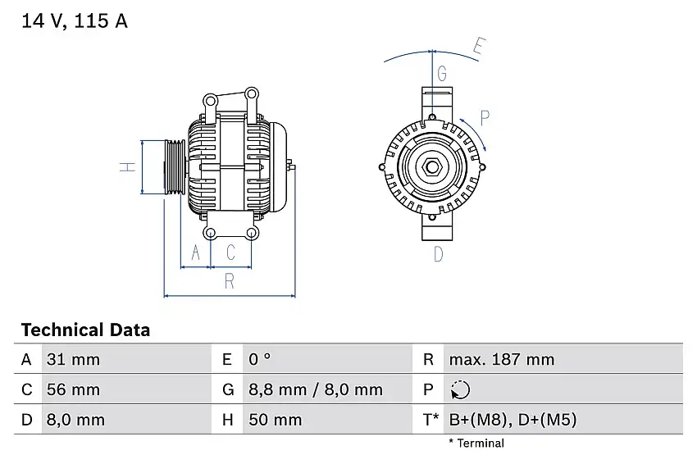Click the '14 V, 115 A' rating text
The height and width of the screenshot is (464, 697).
[75, 22]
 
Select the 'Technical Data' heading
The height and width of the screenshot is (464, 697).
[85, 330]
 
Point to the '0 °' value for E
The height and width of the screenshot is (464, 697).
[259, 359]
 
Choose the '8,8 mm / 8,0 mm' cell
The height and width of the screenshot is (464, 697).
[316, 389]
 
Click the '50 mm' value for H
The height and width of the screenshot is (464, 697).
[275, 420]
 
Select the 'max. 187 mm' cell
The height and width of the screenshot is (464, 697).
[501, 359]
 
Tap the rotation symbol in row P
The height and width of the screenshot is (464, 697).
[461, 389]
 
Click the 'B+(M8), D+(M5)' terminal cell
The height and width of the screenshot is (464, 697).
[512, 420]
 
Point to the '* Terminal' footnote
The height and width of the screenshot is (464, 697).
[476, 444]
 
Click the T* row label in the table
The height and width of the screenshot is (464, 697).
[430, 420]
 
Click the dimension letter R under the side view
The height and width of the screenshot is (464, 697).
[230, 281]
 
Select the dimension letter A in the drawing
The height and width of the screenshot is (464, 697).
[195, 253]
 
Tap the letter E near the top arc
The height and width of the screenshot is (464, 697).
[480, 47]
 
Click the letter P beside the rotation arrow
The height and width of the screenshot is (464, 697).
[485, 117]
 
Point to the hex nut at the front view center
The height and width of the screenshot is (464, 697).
[431, 167]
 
